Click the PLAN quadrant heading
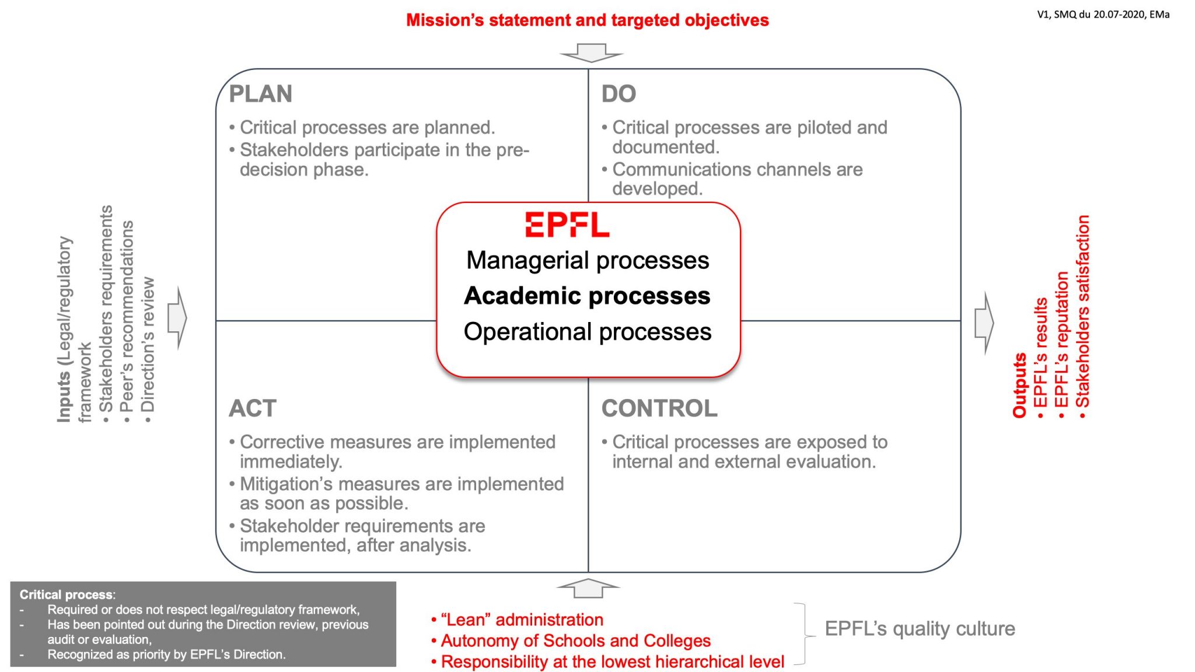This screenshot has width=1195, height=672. pos(260,94)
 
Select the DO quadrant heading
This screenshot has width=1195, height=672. pos(619,94)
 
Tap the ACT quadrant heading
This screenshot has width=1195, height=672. pos(253,408)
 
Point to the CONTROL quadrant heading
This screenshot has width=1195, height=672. pos(659,408)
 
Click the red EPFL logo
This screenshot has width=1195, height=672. pos(567,225)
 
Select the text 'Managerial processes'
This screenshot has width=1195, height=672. pos(588,260)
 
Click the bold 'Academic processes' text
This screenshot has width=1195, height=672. pos(587,296)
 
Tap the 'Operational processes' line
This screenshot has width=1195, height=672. pos(588,331)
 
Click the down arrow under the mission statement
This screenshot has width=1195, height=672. pos(591,52)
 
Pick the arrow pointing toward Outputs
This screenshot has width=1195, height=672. pos(984,323)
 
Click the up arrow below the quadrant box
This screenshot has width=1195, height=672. pos(588,588)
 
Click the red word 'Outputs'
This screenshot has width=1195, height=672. pos(1019,385)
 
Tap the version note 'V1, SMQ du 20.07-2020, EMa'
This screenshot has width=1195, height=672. pos(1103,15)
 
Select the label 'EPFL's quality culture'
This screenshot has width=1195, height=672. pos(920,629)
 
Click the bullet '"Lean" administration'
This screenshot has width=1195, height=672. pos(517,619)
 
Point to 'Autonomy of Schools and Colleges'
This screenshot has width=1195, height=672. pos(571,640)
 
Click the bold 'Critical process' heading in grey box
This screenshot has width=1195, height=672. pos(66,594)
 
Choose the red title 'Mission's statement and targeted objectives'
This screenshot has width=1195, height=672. pos(588,20)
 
